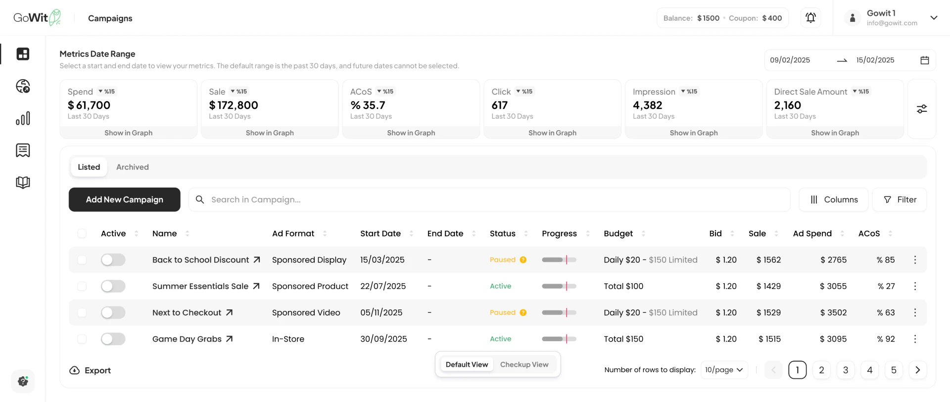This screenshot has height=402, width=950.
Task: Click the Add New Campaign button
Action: tap(124, 200)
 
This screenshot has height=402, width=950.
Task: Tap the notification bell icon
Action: tap(810, 18)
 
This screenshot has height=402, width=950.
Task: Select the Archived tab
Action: tap(132, 167)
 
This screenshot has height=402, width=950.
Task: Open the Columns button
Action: tap(834, 200)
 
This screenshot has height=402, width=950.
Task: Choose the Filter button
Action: tap(900, 200)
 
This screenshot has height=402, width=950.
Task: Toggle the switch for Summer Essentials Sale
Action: tap(113, 286)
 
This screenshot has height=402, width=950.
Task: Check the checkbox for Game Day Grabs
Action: tap(82, 339)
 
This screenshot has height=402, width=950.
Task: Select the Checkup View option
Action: tap(524, 365)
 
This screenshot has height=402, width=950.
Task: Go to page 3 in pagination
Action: tap(845, 370)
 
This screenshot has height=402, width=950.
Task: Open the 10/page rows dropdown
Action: tap(724, 370)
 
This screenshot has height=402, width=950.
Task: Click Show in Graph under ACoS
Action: tap(411, 133)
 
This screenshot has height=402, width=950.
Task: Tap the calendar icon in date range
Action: tap(924, 60)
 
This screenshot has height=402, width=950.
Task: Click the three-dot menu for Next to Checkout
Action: tap(915, 312)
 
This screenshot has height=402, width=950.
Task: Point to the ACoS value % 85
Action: tap(885, 260)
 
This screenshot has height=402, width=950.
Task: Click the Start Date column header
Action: tap(380, 234)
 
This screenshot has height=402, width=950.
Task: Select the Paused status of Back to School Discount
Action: tap(502, 260)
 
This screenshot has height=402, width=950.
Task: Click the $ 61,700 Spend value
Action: tap(89, 105)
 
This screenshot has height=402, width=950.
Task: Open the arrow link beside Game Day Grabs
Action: tap(229, 339)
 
